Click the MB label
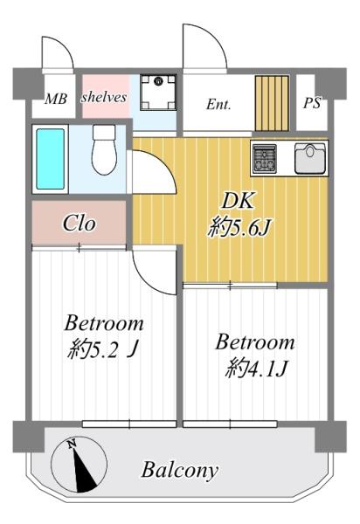tap(56, 99)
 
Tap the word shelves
tap(104, 97)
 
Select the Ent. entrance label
tap(218, 105)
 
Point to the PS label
tap(312, 103)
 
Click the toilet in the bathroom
tap(104, 149)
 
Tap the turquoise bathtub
tap(51, 159)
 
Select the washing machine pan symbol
tap(158, 93)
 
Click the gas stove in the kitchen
tap(265, 159)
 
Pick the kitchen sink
tap(310, 158)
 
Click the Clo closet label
tap(80, 224)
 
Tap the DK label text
tap(239, 201)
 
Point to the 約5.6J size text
tap(239, 228)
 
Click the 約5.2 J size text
tap(102, 349)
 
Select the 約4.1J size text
tap(256, 369)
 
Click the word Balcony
tap(180, 471)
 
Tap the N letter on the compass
tap(71, 445)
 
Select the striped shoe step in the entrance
tap(272, 103)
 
